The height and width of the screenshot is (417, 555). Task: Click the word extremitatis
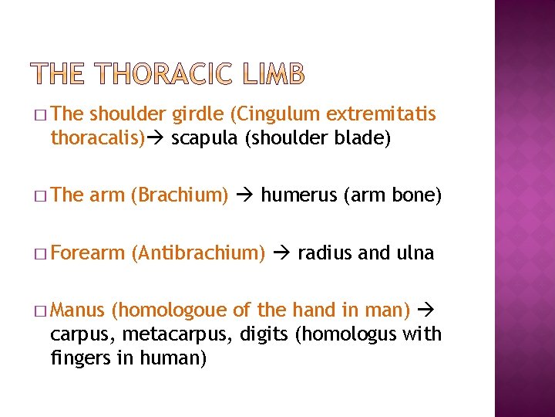click(381, 114)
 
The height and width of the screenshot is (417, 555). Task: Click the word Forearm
click(89, 253)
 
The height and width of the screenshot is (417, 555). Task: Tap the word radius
click(323, 253)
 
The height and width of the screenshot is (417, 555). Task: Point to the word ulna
click(415, 253)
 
